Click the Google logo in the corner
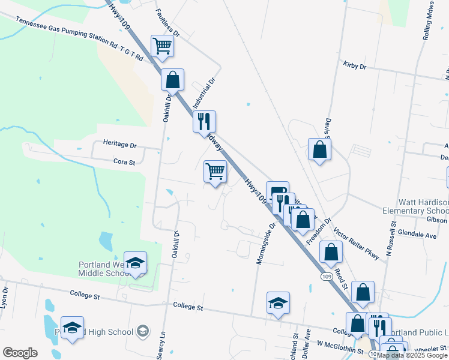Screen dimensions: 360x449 20,353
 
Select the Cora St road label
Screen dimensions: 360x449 125,161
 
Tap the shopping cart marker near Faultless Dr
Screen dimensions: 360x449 162,46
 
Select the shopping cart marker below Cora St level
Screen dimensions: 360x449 215,171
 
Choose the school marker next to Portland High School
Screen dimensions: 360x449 72,328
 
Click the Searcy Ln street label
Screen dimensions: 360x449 161,347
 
